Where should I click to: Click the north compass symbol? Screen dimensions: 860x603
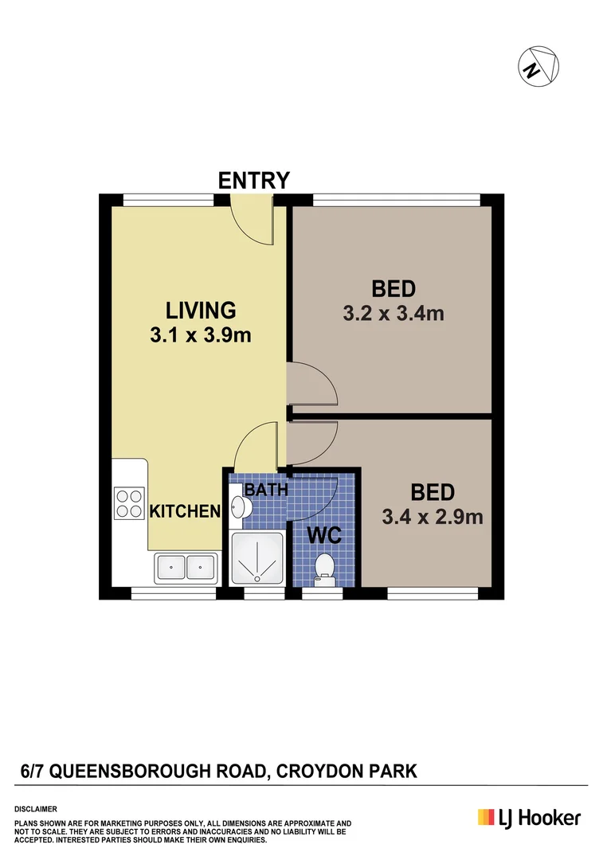point(538,64)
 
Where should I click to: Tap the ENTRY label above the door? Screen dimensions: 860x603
point(253,181)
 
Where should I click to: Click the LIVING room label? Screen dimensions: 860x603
point(200,309)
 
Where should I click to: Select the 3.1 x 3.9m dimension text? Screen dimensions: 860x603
point(200,335)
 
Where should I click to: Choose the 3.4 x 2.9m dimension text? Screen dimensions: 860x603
point(433,517)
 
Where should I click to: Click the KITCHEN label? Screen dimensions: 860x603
point(185,511)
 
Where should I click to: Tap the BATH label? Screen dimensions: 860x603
point(264,489)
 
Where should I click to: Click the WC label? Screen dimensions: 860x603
point(324,535)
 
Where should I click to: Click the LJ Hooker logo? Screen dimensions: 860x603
point(529,818)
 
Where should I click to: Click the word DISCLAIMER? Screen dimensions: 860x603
point(35,808)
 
